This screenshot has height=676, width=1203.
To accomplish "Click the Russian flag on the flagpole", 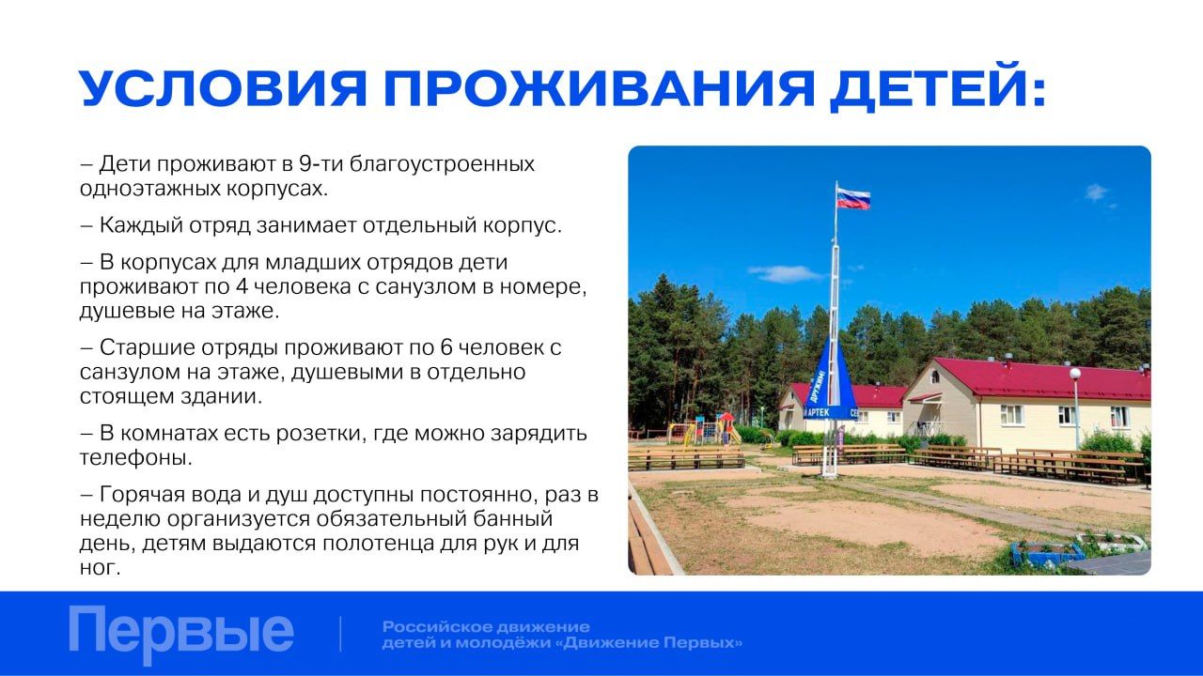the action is coord(853,198).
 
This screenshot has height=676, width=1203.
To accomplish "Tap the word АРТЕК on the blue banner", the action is coord(819,412).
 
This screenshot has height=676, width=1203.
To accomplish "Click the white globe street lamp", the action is coord(1075,374).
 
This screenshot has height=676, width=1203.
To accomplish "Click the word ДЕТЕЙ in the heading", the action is coord(937,87).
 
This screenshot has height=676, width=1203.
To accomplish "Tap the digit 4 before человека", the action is coord(242,286).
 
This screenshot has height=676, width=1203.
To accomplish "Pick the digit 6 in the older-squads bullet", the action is coord(446,347).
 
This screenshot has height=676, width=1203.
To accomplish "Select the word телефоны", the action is coord(135,457).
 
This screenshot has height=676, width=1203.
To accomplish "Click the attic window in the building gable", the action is coord(934,376).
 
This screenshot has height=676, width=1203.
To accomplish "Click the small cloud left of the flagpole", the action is coord(785,273).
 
